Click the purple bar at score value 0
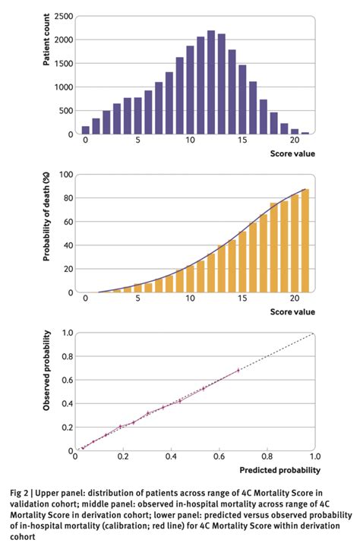pyautogui.click(x=85, y=130)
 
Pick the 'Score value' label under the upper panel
pyautogui.click(x=292, y=154)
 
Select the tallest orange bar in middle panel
pyautogui.click(x=305, y=241)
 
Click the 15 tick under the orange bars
pyautogui.click(x=242, y=299)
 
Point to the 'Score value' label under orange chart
pyautogui.click(x=292, y=312)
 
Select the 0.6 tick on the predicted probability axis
pyautogui.click(x=219, y=458)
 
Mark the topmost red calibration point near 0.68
pyautogui.click(x=238, y=371)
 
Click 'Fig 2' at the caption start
pyautogui.click(x=24, y=491)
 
